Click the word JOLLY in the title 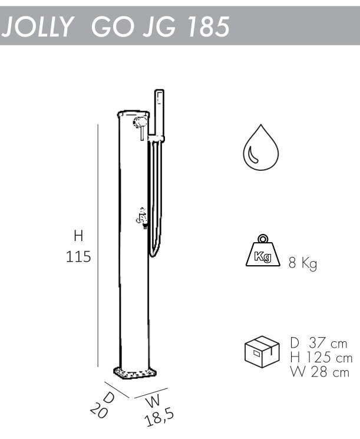[x=38, y=27]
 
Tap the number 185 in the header [x=209, y=27]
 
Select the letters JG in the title [x=160, y=27]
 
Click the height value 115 [x=78, y=256]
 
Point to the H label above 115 [x=79, y=236]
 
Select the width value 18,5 [x=159, y=417]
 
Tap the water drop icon [x=261, y=147]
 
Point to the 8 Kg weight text [x=303, y=263]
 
